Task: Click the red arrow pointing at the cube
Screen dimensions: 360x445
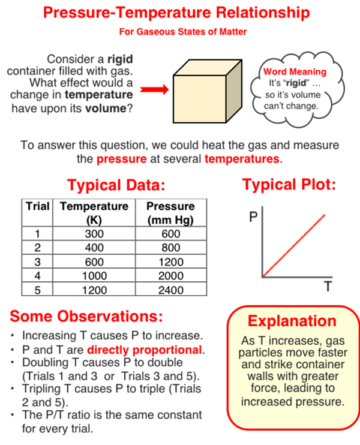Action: [154, 90]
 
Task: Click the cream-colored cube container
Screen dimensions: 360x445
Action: [208, 91]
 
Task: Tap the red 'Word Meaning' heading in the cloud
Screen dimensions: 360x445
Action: [295, 71]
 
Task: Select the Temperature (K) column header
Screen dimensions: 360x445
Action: [94, 213]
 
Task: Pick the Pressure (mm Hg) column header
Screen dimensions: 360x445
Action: [170, 213]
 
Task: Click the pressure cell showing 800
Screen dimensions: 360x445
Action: [171, 248]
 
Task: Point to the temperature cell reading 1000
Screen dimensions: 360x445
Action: [94, 275]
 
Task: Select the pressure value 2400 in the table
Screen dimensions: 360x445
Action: [171, 290]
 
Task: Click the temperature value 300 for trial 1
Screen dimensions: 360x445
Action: [94, 234]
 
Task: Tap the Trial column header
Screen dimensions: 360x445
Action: [37, 206]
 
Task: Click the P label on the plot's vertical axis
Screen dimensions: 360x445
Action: [253, 217]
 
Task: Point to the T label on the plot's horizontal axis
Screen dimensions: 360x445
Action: [328, 286]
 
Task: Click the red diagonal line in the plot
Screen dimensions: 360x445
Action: [294, 245]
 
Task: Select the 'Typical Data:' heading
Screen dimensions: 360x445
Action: [116, 185]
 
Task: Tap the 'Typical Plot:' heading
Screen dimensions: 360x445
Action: [289, 185]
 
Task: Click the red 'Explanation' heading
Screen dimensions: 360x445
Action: [292, 321]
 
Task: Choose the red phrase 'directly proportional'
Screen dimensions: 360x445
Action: [145, 350]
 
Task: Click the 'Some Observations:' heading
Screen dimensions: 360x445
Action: [86, 316]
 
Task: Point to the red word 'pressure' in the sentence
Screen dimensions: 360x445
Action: [122, 159]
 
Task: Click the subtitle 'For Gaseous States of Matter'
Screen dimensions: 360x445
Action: [183, 32]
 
